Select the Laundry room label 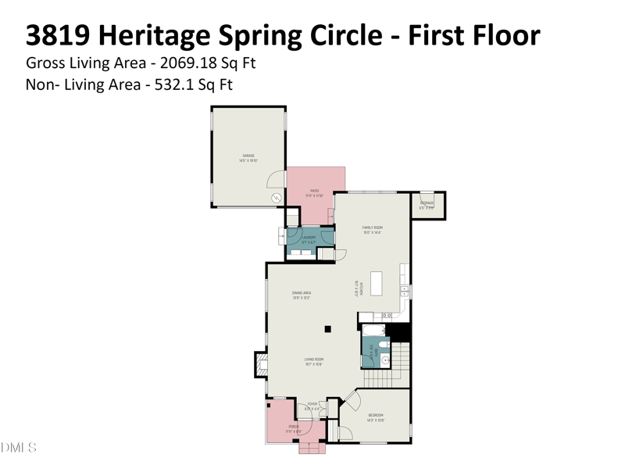[x=309, y=239]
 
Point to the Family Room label [x=371, y=230]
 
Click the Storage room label [x=427, y=205]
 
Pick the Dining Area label [x=302, y=295]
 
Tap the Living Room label [x=313, y=362]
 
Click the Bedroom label [x=376, y=417]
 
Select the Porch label [x=292, y=428]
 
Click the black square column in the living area [x=329, y=329]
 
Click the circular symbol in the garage [x=276, y=199]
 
